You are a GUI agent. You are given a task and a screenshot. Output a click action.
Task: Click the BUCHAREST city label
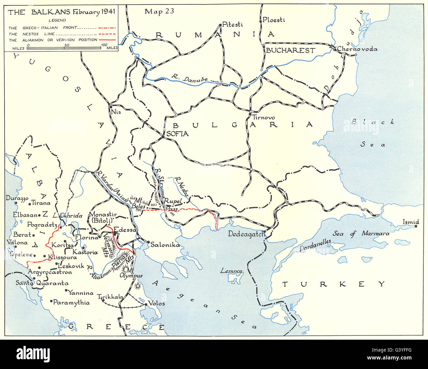(290, 50)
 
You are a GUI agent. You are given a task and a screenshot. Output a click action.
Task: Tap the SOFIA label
(177, 134)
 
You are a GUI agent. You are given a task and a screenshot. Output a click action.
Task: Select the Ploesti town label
(274, 20)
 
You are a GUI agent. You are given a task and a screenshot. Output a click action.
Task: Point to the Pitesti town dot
(220, 25)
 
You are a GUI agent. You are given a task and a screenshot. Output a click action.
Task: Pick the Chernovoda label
(357, 49)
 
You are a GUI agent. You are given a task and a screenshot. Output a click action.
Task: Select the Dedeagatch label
(247, 234)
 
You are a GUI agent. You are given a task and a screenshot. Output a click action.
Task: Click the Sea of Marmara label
(361, 234)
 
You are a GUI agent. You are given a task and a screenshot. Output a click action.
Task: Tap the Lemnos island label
(231, 271)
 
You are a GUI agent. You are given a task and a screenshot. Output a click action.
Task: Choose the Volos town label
(156, 303)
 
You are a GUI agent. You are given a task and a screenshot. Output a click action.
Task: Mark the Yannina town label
(81, 293)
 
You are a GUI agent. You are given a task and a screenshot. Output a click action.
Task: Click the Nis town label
(116, 112)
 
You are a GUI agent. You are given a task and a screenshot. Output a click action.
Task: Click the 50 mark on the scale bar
(66, 45)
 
